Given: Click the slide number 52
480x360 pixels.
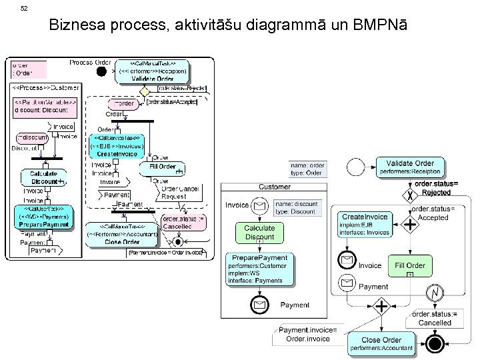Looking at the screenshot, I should pos(25,9).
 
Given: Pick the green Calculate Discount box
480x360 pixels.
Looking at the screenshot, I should pos(259,233).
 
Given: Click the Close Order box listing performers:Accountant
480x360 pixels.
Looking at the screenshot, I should pos(381,343).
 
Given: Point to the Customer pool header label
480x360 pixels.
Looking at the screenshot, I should pos(274,187).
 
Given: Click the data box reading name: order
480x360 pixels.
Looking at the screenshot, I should pos(307,169).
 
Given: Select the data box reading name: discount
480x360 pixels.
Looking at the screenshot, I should pos(296,207).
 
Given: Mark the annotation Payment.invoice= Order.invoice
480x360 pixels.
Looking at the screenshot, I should pos(308,334).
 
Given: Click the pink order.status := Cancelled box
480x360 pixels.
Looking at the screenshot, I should pos(181,221).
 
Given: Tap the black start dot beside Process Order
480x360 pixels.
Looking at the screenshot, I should pos(101,71).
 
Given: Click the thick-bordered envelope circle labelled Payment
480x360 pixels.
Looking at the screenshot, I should pos(258,305).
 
